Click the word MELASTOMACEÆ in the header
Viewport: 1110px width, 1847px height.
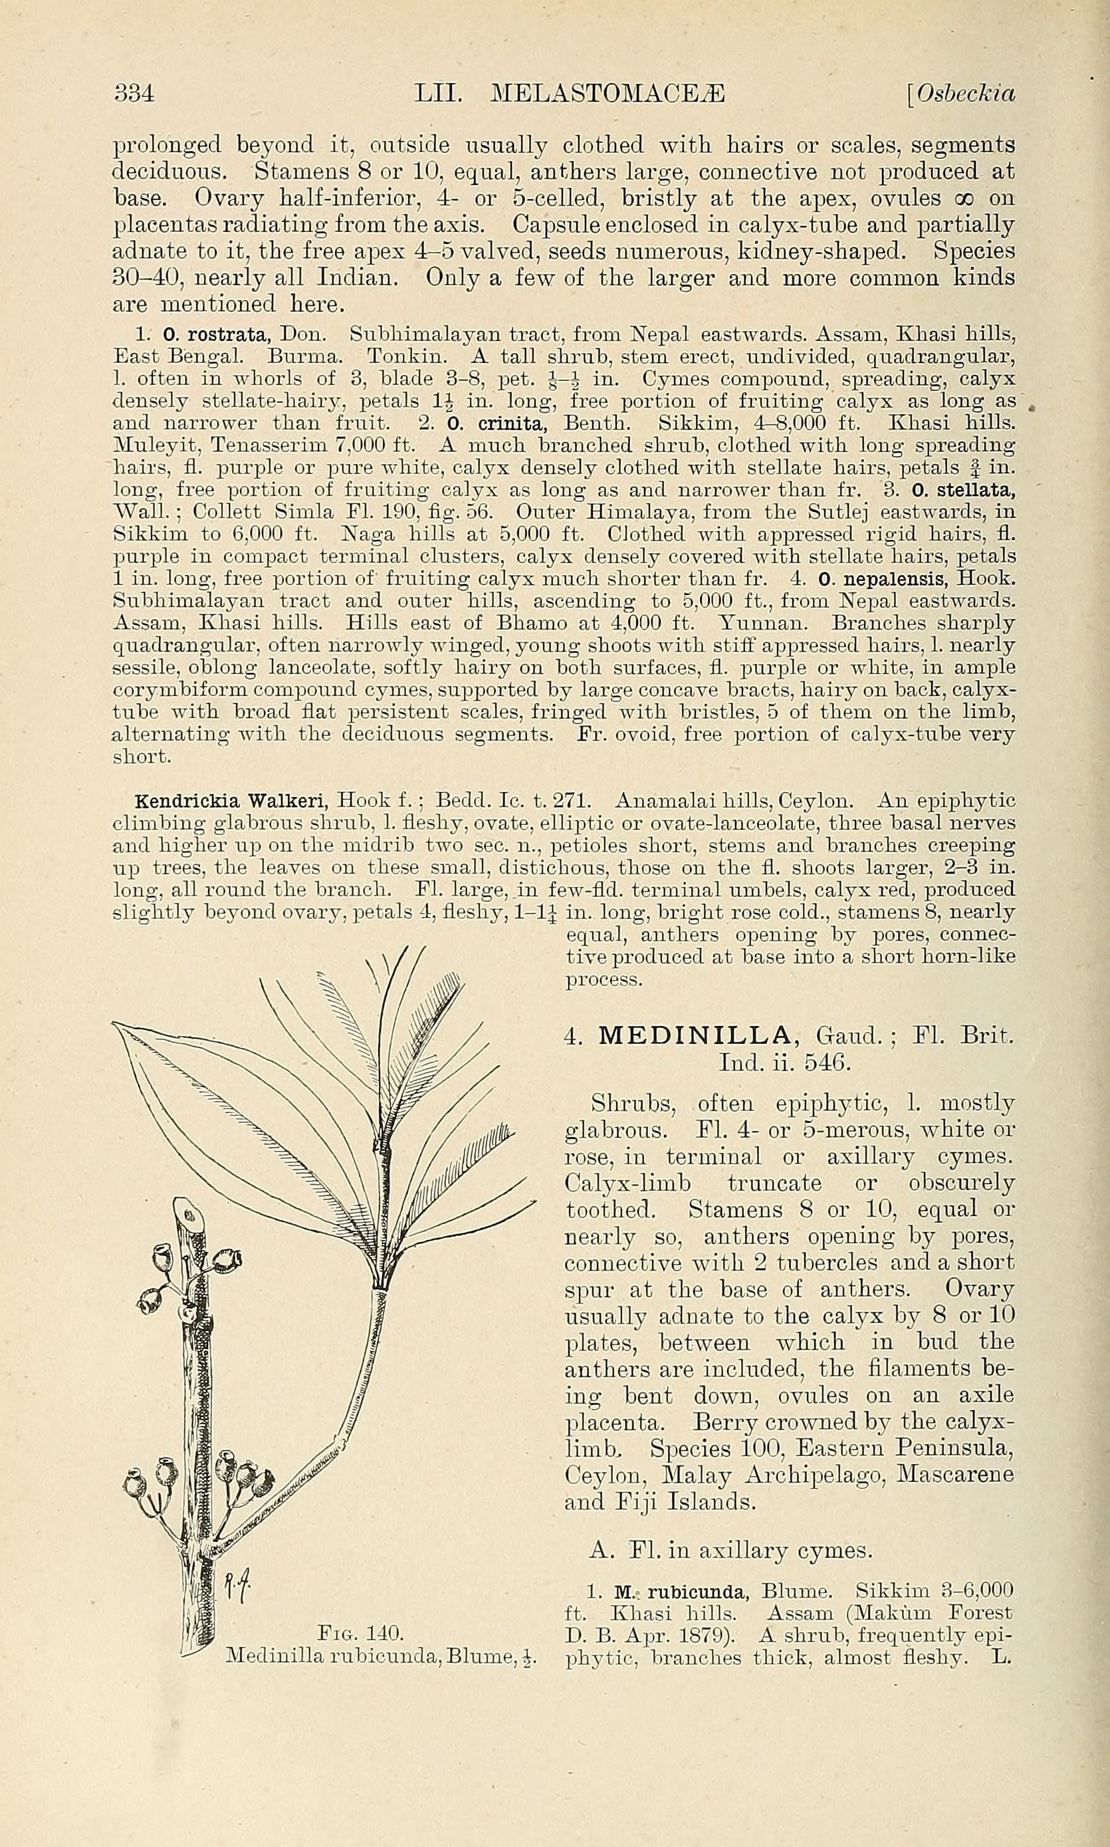click(x=610, y=93)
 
